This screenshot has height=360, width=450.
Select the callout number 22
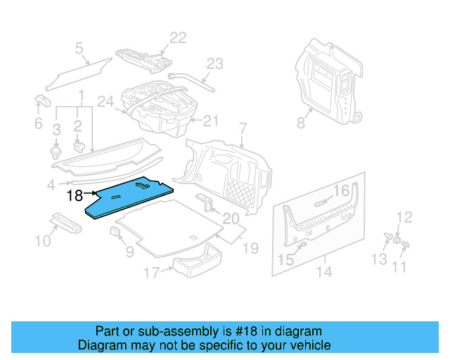(x=178, y=38)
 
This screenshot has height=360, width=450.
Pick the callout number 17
(x=151, y=272)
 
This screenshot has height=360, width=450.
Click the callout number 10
(x=42, y=241)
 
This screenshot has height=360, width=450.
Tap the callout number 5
(x=79, y=49)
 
